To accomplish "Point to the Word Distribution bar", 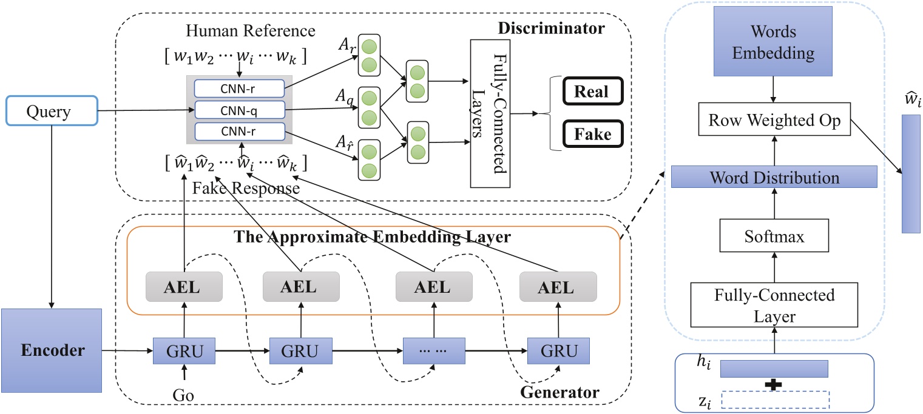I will coord(774,178).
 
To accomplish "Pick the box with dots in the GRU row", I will coord(433,350).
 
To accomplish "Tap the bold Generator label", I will coord(560,393).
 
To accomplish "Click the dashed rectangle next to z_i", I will coord(774,399).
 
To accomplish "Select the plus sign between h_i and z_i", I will coord(773,384).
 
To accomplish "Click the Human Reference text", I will coord(251,31).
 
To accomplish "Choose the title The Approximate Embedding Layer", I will coord(373,237).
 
